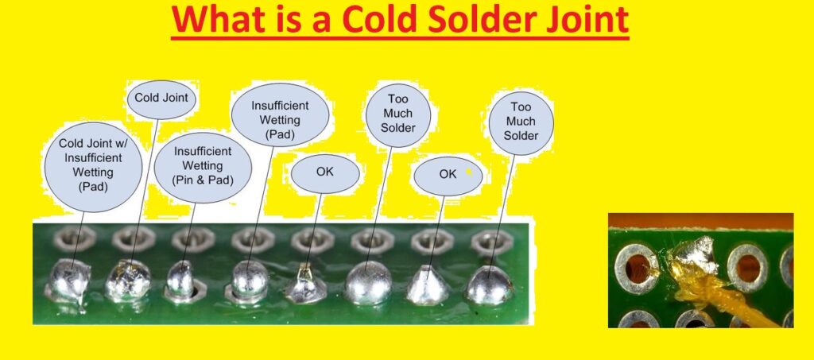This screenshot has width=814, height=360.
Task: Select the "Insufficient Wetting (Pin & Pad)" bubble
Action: tap(203, 165)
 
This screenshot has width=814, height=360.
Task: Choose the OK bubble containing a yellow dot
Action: tap(448, 175)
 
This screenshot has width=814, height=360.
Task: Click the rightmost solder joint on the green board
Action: tap(489, 286)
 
